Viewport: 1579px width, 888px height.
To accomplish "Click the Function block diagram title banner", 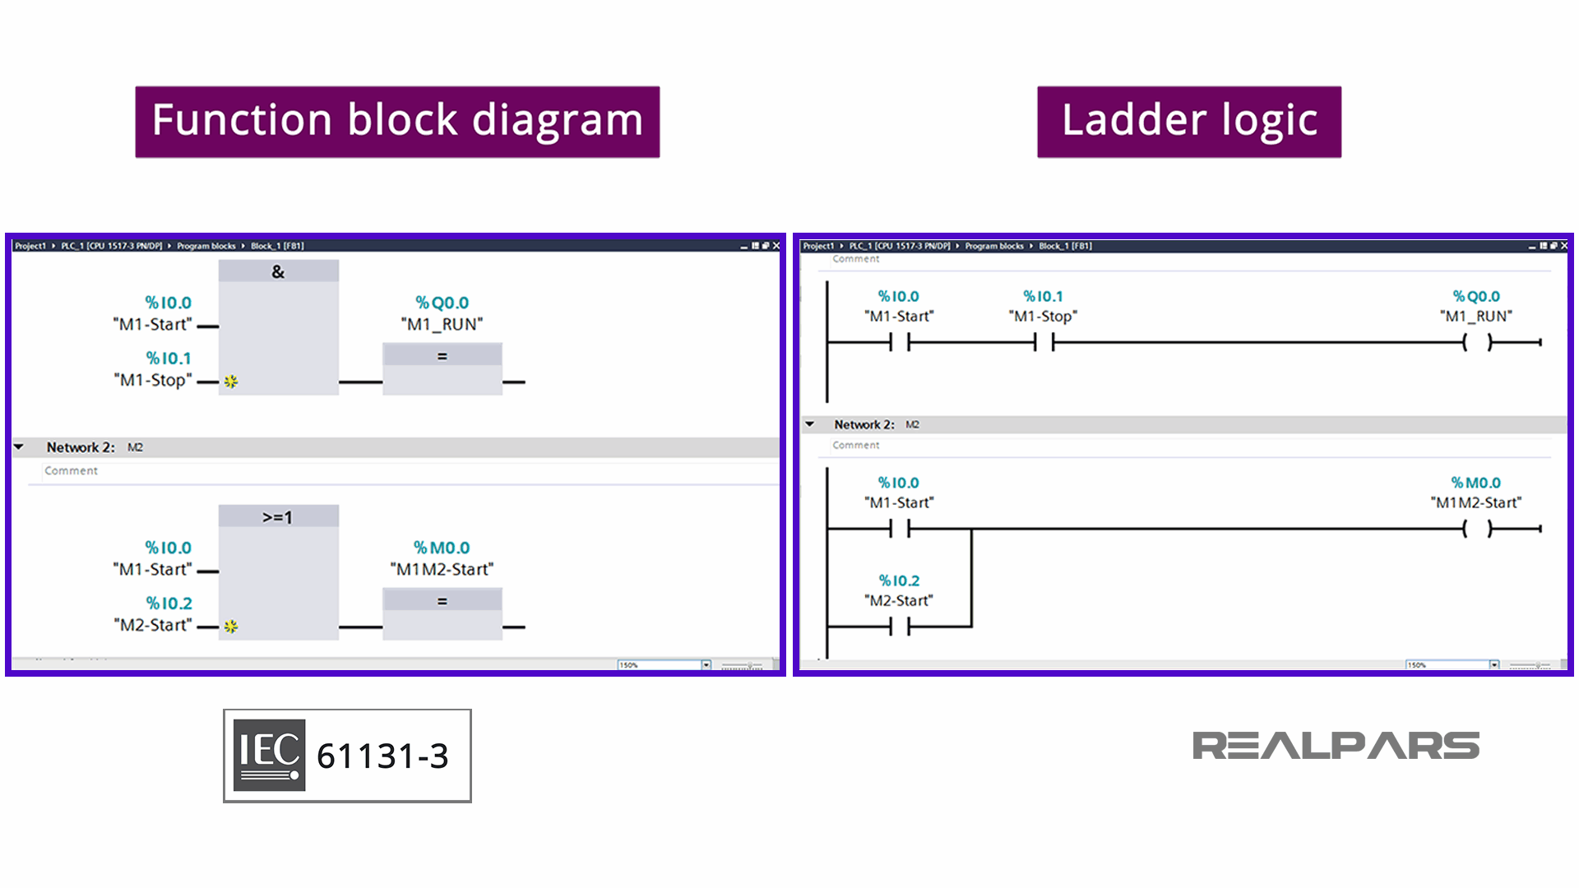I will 397,122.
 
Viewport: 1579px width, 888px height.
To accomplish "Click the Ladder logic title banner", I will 1189,122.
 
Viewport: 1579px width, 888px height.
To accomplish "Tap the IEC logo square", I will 269,755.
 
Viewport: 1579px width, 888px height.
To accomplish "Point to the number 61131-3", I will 382,756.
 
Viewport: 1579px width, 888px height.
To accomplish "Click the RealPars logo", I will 1336,746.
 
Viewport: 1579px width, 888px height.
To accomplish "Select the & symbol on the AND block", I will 278,271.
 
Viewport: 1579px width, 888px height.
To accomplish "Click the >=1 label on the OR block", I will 277,517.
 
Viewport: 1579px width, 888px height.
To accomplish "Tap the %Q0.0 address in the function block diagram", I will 442,303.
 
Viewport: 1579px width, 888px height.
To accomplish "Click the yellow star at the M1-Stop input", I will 231,382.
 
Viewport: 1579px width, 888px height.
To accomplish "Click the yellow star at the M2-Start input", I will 231,627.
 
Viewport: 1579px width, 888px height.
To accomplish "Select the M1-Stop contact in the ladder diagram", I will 1044,342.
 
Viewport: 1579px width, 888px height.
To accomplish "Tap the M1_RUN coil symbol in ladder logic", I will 1477,342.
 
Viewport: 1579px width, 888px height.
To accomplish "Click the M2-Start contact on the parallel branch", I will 900,627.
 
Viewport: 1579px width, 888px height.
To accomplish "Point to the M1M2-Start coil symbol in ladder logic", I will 1477,529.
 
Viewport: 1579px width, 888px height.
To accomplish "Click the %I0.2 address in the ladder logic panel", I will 899,580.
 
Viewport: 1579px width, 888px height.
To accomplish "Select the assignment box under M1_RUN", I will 442,368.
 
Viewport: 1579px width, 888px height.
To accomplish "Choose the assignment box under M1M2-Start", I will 442,613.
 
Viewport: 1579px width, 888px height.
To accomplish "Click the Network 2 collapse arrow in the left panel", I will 19,447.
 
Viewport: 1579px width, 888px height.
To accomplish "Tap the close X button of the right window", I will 1564,246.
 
